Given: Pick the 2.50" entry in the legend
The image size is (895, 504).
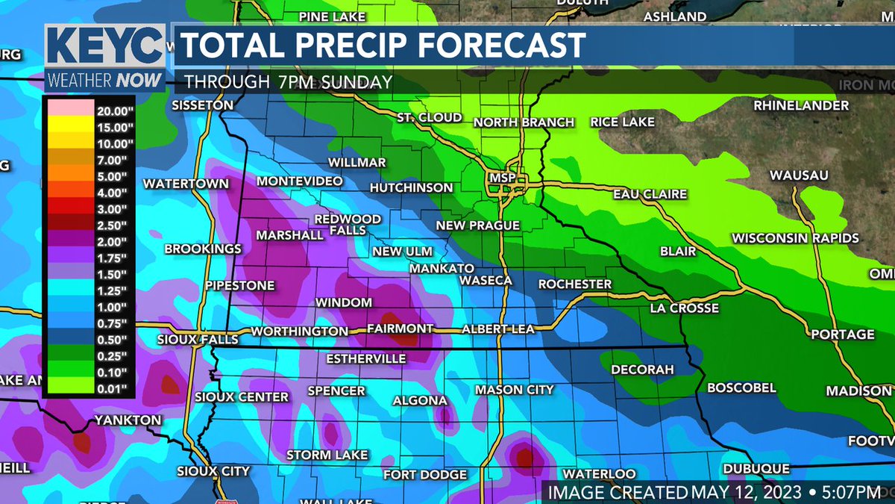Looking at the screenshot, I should (113, 224).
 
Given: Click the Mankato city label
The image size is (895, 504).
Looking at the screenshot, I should (442, 268).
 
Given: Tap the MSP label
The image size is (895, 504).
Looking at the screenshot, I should (497, 178).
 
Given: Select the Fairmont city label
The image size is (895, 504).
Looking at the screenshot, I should (401, 329).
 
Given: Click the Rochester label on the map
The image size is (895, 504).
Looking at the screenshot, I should (574, 284).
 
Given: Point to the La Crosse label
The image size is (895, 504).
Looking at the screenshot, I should (684, 308).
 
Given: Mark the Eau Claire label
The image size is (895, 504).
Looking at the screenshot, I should (649, 194).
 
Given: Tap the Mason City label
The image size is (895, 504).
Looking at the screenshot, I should (515, 389).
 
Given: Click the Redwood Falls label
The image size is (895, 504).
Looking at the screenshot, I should (348, 225).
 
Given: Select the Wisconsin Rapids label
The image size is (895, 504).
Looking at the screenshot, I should (795, 238).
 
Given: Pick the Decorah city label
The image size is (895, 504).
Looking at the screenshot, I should (642, 370).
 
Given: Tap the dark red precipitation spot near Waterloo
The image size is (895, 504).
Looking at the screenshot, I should (525, 456).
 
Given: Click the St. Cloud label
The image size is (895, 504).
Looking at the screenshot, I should (429, 118).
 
